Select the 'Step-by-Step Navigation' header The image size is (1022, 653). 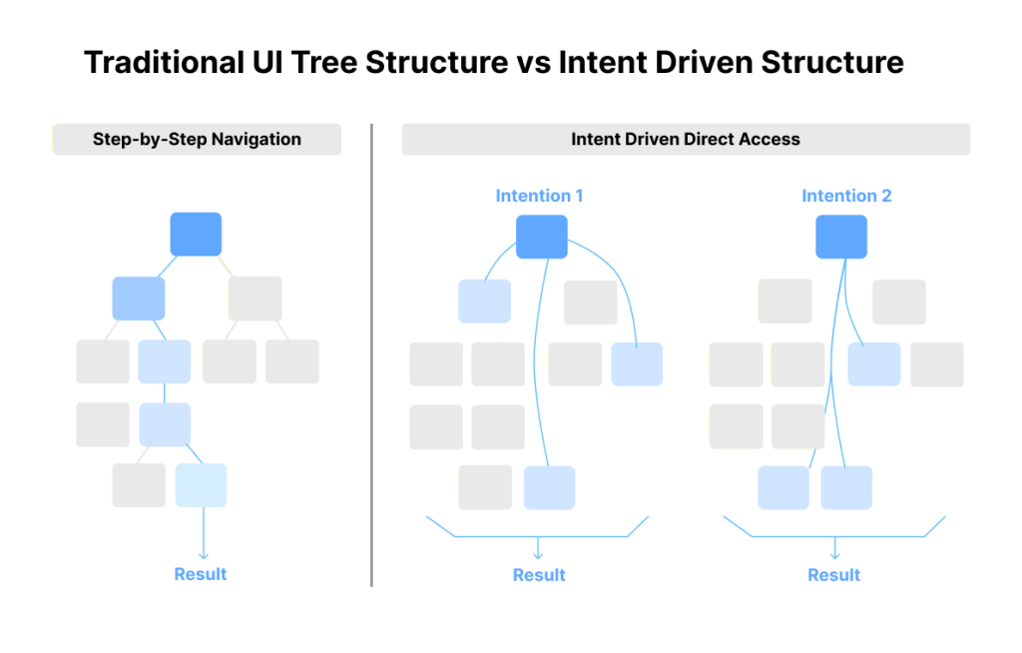[197, 139]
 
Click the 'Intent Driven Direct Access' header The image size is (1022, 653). [686, 139]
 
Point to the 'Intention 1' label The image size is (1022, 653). [539, 196]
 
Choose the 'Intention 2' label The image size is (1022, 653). [846, 196]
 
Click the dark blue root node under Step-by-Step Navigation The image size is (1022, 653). [196, 234]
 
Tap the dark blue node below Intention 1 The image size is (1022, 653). [542, 237]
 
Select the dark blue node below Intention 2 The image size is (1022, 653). [841, 237]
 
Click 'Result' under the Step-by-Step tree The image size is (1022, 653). [201, 574]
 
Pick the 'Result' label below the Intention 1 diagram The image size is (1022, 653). [539, 575]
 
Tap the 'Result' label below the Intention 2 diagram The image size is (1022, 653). [834, 575]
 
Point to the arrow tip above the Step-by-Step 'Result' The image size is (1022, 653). [204, 556]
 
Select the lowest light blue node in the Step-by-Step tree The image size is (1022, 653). [201, 485]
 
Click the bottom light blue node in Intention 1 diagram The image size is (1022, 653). [549, 487]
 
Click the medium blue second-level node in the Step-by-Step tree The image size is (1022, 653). [139, 299]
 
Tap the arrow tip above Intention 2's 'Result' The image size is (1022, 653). [835, 556]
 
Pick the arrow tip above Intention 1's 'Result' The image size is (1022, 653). [538, 556]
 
